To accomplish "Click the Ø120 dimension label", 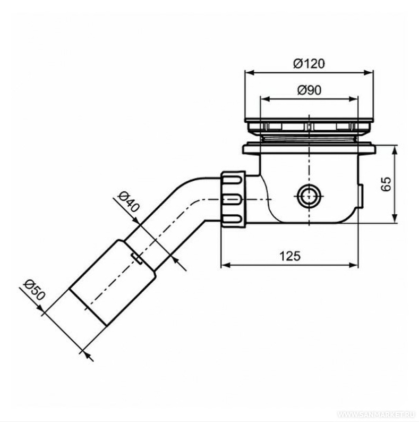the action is [309, 64].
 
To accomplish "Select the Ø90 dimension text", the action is [309, 90].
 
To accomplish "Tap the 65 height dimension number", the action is [386, 184].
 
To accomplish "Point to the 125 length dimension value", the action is [290, 256].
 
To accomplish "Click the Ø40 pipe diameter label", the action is [129, 201].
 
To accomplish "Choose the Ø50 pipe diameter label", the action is [33, 290].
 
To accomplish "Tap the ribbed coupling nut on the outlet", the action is [233, 199].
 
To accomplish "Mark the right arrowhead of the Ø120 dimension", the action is [369, 73].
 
